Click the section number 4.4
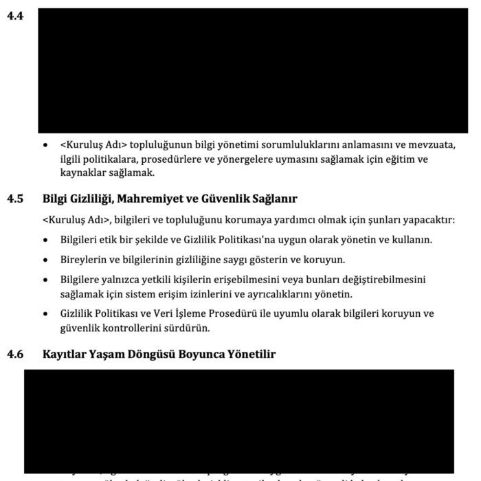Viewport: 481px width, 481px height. coord(14,14)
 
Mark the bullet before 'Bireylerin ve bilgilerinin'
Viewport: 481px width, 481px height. coord(45,261)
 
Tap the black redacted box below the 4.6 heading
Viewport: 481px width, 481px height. coord(239,420)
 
